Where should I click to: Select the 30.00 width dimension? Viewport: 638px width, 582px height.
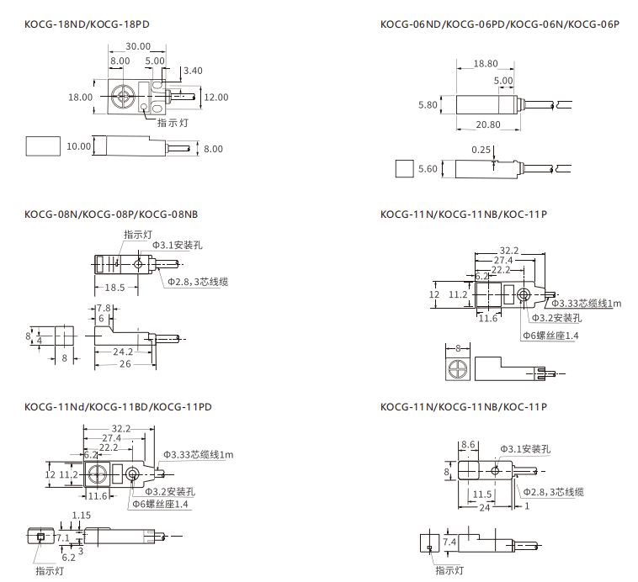tap(138, 46)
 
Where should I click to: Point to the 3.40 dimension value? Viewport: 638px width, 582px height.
tap(193, 71)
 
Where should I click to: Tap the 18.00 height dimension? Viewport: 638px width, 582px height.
tap(81, 97)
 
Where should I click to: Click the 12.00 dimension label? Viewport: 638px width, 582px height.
tap(216, 97)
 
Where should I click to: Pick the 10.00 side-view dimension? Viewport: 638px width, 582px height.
tap(78, 146)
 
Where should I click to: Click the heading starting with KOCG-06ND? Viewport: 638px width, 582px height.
tap(499, 24)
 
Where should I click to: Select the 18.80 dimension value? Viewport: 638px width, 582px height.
tap(486, 63)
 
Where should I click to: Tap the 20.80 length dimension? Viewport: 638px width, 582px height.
tap(487, 124)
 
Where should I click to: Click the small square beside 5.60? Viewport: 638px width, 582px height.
tap(405, 168)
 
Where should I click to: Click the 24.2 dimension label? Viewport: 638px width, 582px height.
tap(123, 352)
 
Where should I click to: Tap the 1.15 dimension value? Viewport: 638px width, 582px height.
tap(82, 515)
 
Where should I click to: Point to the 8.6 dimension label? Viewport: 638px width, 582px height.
tap(469, 444)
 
